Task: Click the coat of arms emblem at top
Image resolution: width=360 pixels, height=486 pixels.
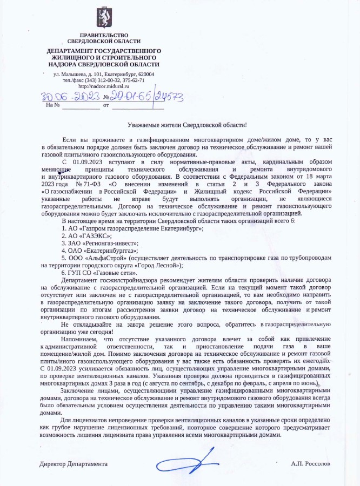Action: tap(104, 18)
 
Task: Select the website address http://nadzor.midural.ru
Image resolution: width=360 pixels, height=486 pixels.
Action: tap(104, 86)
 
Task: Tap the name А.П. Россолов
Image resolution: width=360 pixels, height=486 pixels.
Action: tap(310, 464)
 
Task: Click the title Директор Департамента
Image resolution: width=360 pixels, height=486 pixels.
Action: tap(74, 464)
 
